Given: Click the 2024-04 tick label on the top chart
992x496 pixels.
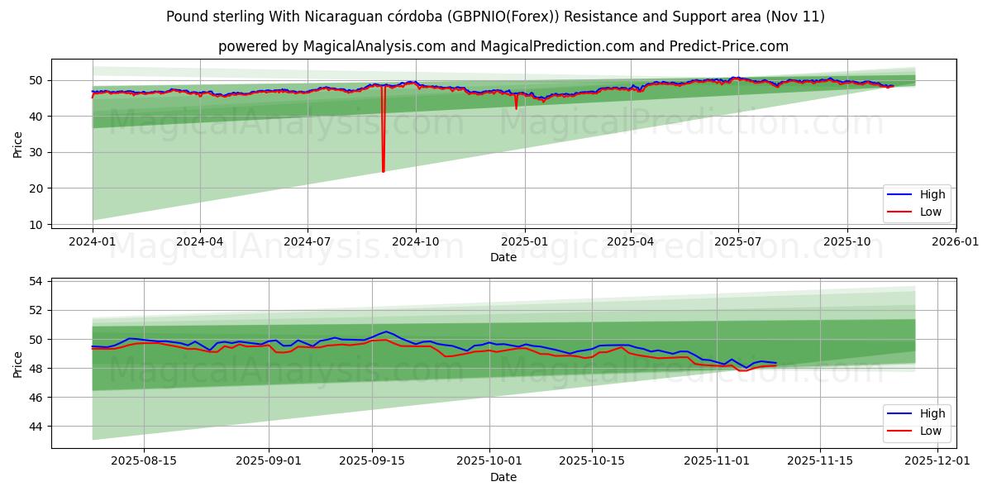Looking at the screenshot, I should point(200,241).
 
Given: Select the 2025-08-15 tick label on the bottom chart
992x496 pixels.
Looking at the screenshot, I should point(144,461).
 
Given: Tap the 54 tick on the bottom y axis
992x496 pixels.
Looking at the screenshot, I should point(36,281).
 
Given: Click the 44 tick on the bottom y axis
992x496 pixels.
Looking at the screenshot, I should point(36,427).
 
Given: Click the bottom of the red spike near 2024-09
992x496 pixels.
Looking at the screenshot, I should point(384,171).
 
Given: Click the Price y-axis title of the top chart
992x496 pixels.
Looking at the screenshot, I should point(17,144).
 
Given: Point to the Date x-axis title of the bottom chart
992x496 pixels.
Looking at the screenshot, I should point(503,477).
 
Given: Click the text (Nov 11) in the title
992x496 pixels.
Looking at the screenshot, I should point(796,17).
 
